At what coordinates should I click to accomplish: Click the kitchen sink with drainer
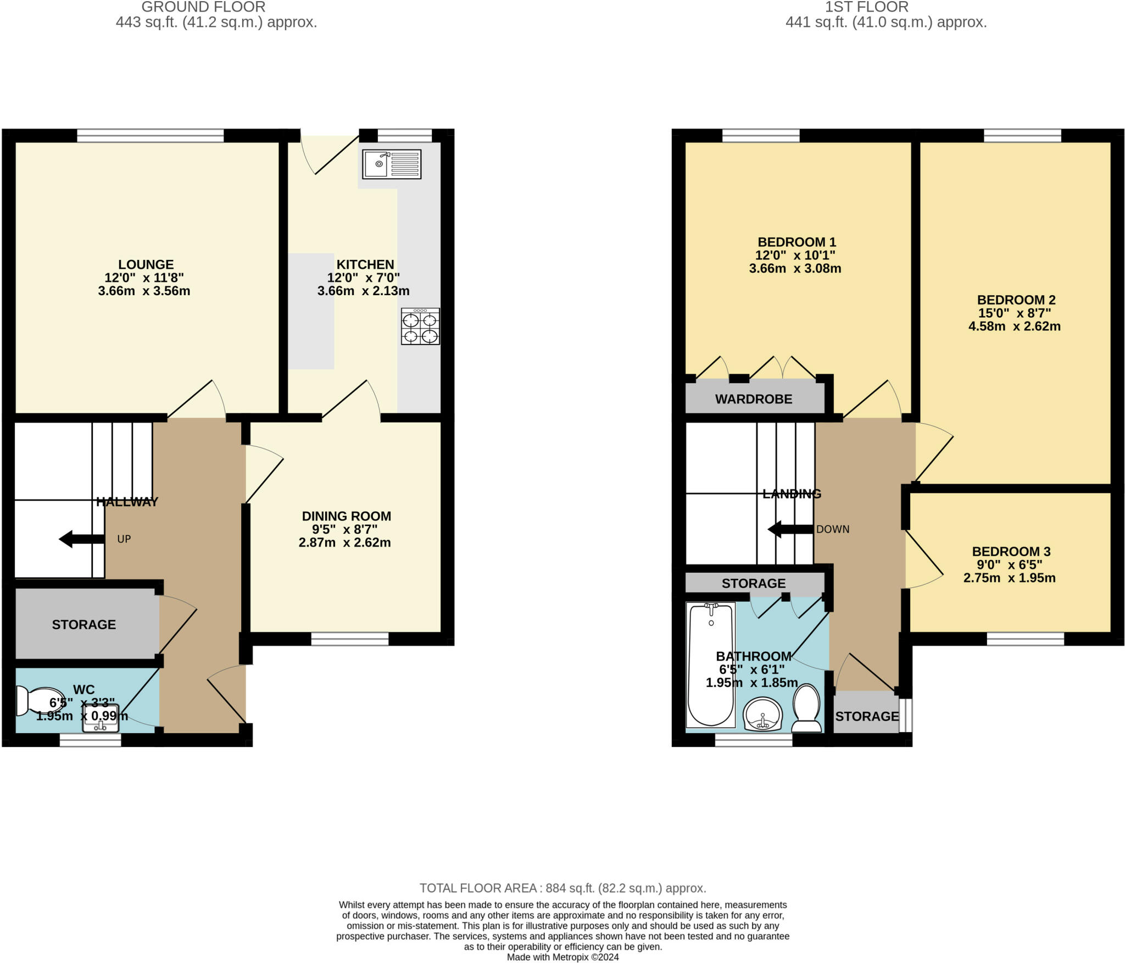392,164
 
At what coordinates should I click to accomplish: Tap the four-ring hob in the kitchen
420,326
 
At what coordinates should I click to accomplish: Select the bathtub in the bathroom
711,665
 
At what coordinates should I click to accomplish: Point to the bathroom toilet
806,708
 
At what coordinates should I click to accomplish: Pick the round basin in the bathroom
762,714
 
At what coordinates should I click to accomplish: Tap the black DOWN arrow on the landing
790,529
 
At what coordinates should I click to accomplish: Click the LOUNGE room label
146,264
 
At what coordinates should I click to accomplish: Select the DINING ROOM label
347,516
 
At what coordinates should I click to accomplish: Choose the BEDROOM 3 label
1011,551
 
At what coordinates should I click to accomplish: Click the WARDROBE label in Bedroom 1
754,399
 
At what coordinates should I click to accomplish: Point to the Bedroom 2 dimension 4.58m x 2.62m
1014,326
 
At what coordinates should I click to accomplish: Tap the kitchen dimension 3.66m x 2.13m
363,291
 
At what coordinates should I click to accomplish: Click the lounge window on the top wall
151,135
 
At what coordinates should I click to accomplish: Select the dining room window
350,639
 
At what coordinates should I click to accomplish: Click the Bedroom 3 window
1026,639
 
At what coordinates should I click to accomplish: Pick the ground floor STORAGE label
84,624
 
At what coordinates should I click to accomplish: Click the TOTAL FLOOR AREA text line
562,888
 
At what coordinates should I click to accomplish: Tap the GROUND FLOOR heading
203,7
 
